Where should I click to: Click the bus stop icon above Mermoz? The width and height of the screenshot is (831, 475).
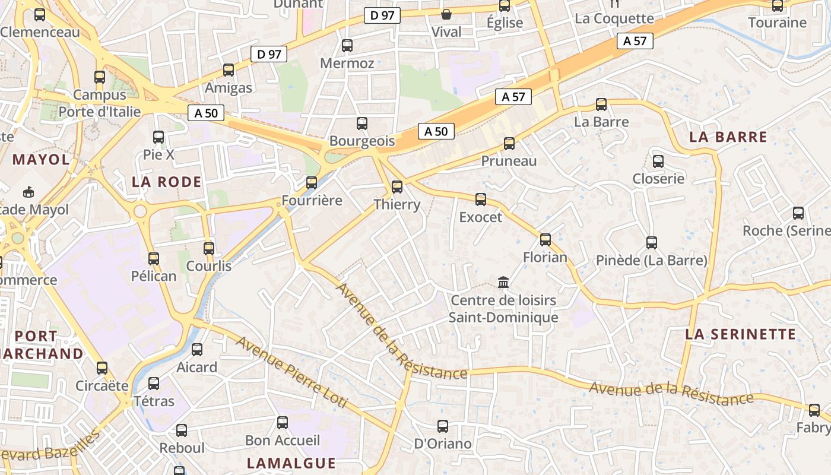pos(347,46)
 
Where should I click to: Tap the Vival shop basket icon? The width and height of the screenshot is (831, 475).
pos(446,14)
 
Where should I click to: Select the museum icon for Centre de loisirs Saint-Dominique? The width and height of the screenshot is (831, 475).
pos(503,282)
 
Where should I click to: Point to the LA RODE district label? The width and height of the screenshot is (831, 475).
pos(167,182)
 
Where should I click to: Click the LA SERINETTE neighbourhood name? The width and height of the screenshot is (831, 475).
pos(740,334)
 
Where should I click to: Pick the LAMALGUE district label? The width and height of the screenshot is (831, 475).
pos(291,463)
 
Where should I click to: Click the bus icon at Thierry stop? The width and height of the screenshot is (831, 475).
pos(397,187)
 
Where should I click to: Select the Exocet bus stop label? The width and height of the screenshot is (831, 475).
pos(480,217)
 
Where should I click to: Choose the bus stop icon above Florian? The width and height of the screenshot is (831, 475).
pos(545,240)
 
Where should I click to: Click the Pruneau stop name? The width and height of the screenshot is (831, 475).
pos(509,161)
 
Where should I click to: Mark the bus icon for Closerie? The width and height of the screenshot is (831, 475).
pos(658,161)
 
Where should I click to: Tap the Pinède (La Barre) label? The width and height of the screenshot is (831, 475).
pos(652,261)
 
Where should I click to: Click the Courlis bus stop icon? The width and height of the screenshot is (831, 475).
pos(208,249)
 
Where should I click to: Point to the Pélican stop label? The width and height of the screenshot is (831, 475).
pos(154,276)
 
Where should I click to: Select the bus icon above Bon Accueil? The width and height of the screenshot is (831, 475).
pos(283,423)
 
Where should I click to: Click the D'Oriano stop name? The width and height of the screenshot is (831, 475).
pos(443,444)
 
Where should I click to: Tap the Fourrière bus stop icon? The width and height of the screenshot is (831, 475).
pos(312,183)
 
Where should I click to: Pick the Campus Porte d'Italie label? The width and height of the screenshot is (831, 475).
pos(100,103)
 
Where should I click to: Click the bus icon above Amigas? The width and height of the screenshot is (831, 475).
pos(229,70)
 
